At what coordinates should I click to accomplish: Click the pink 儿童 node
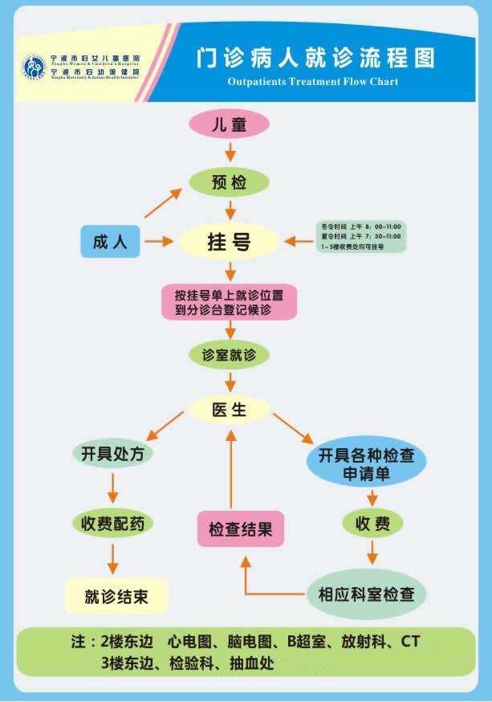click(229, 124)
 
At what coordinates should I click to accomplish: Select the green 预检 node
click(229, 182)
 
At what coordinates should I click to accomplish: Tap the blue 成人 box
click(110, 241)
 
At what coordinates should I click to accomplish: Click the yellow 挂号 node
click(229, 242)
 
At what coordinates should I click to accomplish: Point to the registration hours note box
click(360, 236)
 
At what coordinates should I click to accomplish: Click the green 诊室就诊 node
click(229, 354)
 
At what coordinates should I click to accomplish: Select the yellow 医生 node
click(229, 410)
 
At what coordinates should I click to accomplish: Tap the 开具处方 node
click(112, 454)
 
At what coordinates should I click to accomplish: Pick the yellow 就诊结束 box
click(116, 597)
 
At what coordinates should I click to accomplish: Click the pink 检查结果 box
click(241, 530)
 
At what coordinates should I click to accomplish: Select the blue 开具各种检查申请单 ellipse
click(367, 464)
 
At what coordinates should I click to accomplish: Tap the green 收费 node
click(372, 524)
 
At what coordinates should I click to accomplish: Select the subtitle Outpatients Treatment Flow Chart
click(312, 82)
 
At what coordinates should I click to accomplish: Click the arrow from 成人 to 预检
click(163, 204)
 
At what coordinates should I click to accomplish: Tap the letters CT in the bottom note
click(410, 643)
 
